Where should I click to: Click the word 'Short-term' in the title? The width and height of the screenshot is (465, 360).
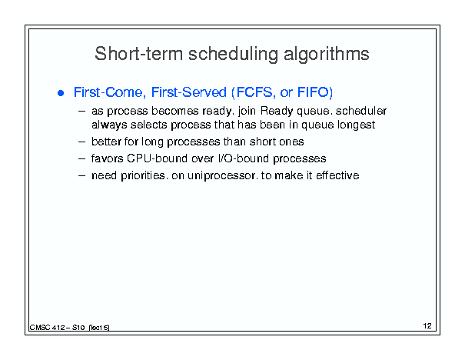coord(139,54)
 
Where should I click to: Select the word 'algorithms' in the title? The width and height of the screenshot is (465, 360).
coord(326,55)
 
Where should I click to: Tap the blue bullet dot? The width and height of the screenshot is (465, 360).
coord(61,93)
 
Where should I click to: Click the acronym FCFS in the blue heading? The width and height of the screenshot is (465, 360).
coord(254,92)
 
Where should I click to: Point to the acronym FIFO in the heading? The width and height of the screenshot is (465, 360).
coord(313,92)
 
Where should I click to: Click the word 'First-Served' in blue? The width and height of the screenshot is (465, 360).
coord(188,92)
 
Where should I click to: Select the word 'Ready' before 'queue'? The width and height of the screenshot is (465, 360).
coord(277,112)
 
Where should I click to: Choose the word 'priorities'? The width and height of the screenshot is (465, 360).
coord(143,175)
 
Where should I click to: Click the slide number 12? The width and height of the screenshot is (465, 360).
coord(427,326)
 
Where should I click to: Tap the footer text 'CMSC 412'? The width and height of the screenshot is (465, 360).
coord(47,328)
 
